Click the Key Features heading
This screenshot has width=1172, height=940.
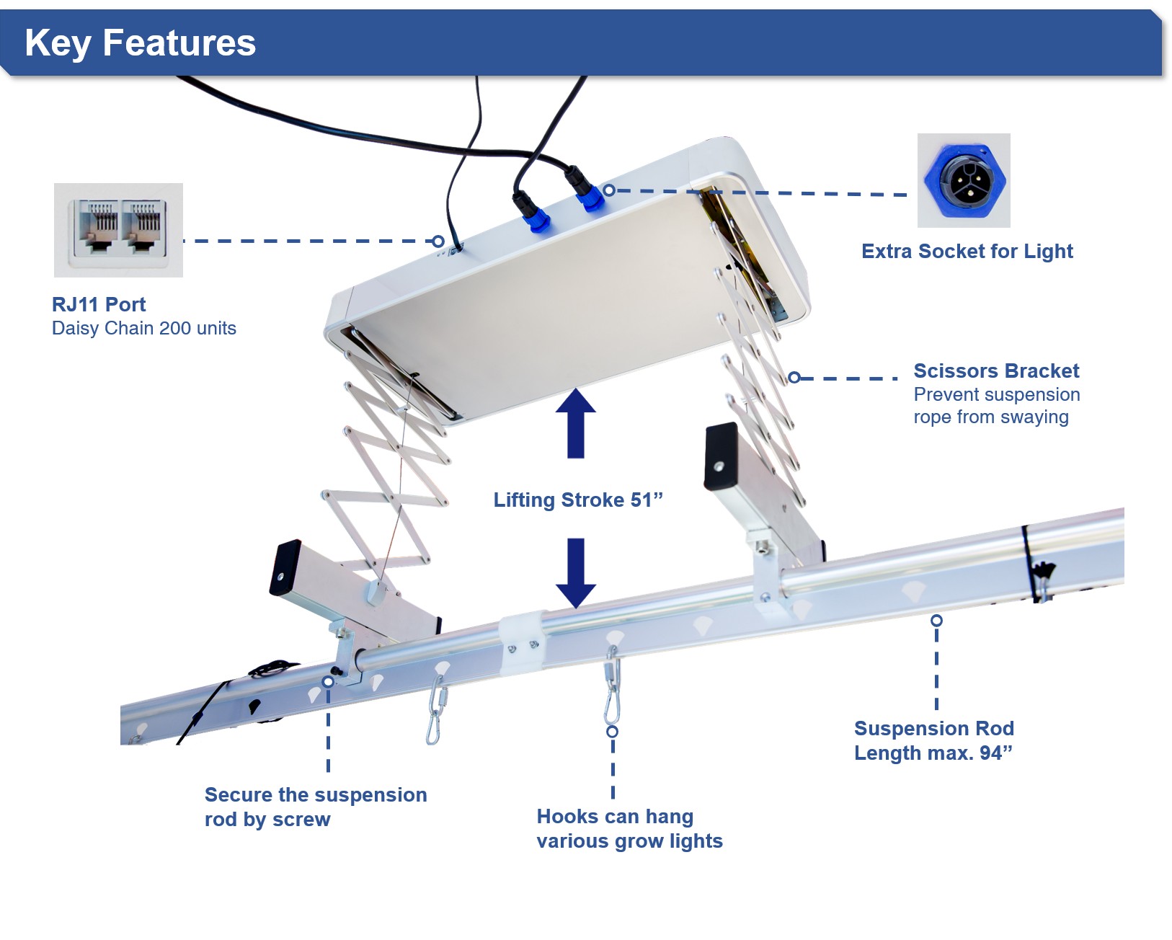[x=140, y=43]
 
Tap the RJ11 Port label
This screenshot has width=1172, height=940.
[x=99, y=304]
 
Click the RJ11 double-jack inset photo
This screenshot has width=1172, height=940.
[x=118, y=230]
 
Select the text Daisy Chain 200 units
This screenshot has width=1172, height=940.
[x=144, y=329]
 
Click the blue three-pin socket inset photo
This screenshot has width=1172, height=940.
[x=964, y=180]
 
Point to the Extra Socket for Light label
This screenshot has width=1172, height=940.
[x=967, y=252]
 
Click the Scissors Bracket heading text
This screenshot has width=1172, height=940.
[x=996, y=371]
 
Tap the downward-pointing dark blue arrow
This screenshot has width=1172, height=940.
[x=575, y=572]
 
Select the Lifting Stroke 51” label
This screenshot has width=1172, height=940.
[x=577, y=500]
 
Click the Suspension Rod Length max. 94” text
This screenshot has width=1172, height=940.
[x=933, y=740]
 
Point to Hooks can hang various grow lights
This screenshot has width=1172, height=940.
[x=629, y=828]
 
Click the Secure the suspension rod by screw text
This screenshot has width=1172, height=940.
[x=316, y=807]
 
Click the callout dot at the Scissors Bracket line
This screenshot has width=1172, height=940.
[x=794, y=377]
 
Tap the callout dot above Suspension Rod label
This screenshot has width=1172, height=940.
[x=936, y=620]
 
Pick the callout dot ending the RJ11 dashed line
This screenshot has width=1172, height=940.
[x=438, y=241]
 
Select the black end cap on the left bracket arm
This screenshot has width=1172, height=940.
[x=285, y=567]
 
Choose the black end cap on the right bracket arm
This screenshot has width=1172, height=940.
[x=721, y=456]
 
